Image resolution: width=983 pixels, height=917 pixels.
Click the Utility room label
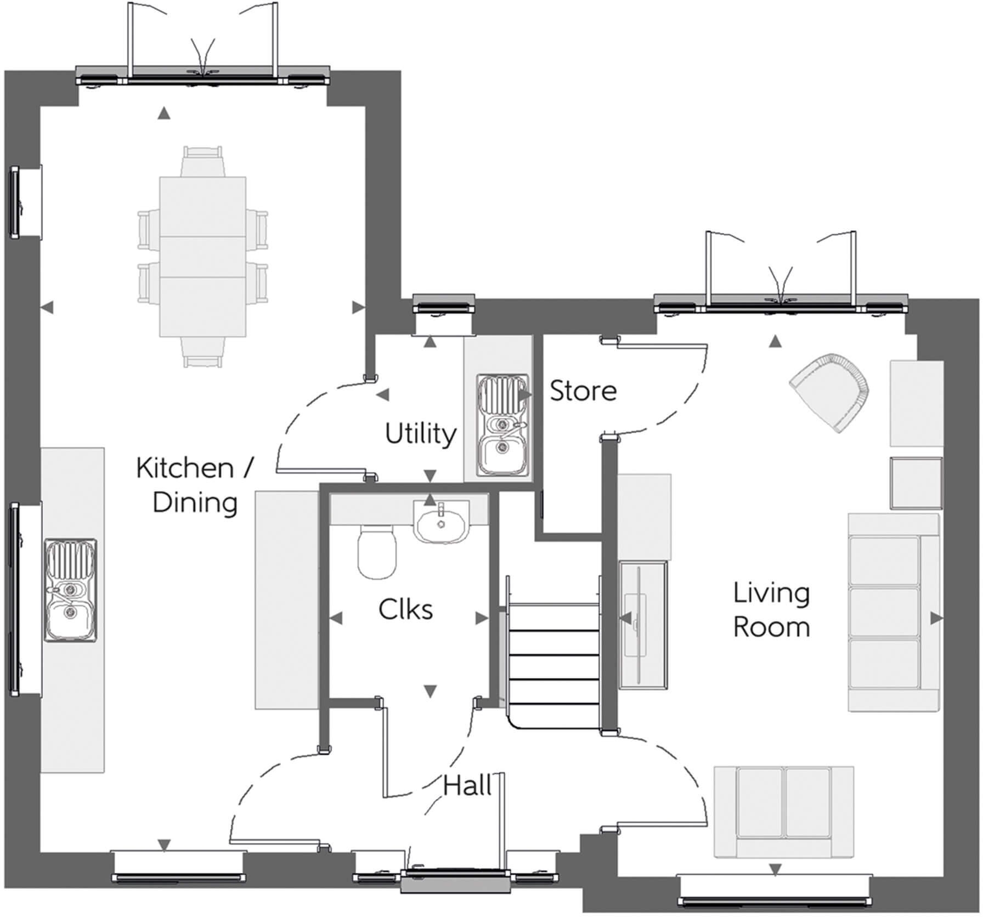tap(420, 434)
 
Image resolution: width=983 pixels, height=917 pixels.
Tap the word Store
tap(583, 391)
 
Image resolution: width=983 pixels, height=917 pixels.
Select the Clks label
tap(405, 610)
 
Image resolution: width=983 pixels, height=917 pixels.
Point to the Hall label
tap(467, 786)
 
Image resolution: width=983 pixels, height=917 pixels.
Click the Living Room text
tap(771, 610)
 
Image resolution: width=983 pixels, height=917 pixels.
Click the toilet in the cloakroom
tap(377, 552)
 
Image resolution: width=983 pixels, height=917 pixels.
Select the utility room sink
tap(502, 425)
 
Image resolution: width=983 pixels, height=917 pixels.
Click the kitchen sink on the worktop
tap(71, 590)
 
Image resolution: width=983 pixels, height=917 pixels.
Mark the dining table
tap(202, 256)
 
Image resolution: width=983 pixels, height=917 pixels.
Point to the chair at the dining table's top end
tap(203, 160)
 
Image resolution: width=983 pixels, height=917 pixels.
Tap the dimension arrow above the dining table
tap(163, 114)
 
